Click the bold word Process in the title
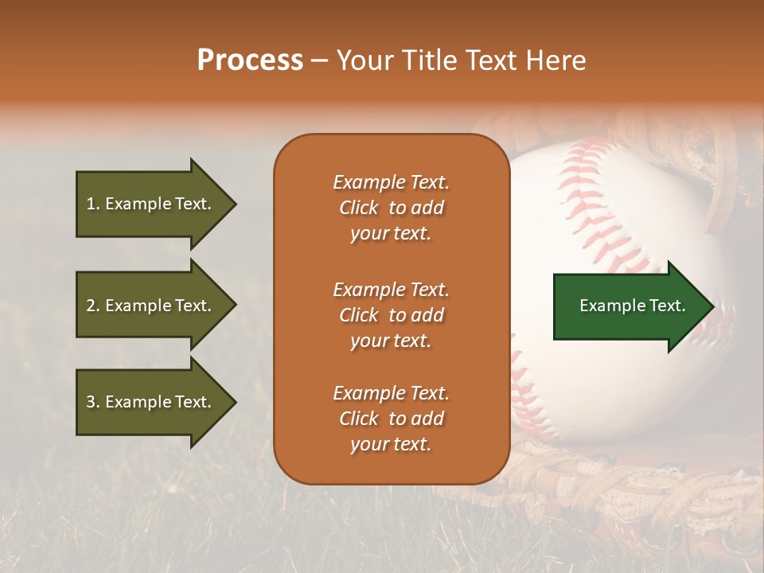[250, 60]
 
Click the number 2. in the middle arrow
[93, 306]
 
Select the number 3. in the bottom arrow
[93, 402]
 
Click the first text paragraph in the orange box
[391, 208]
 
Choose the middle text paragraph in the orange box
[391, 315]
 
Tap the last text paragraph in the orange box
[391, 419]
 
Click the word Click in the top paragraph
[359, 208]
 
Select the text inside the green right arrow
[632, 306]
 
